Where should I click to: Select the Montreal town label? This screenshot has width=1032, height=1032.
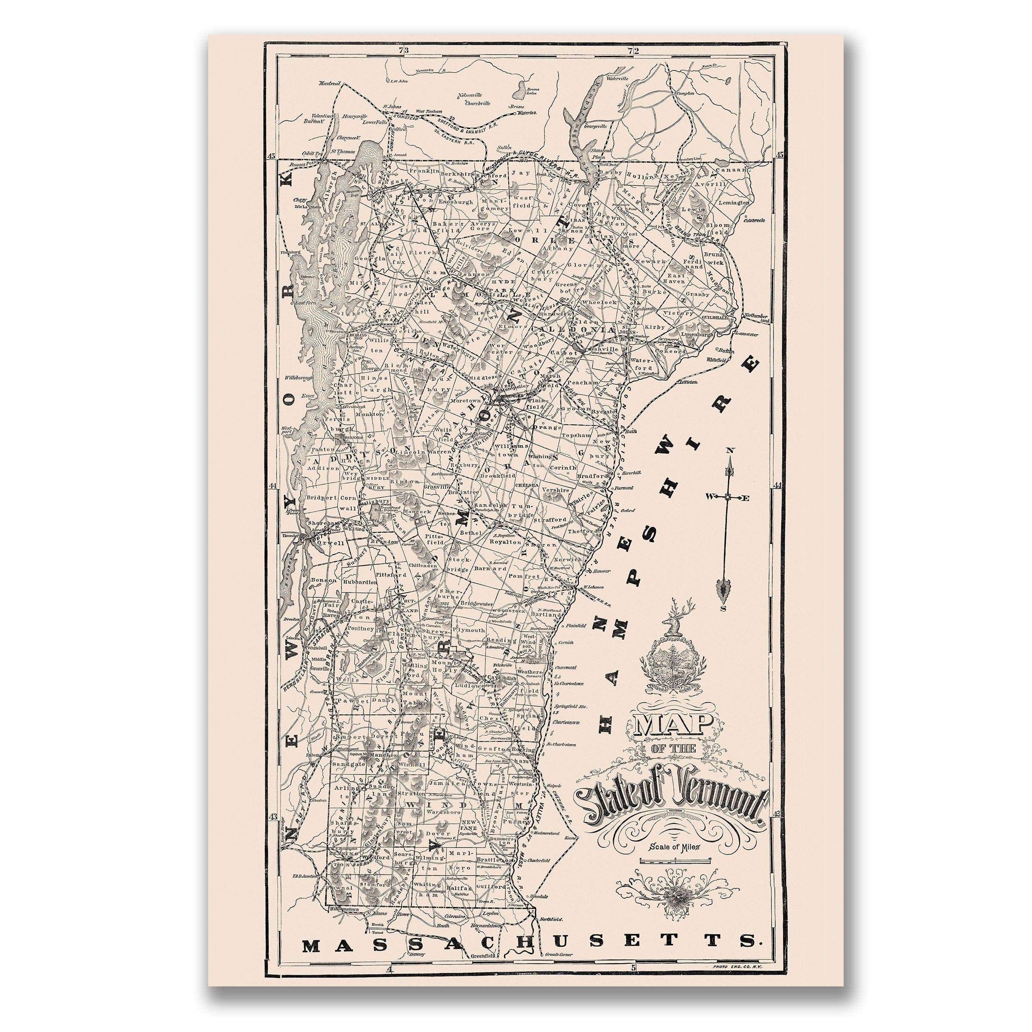pos(329,84)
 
